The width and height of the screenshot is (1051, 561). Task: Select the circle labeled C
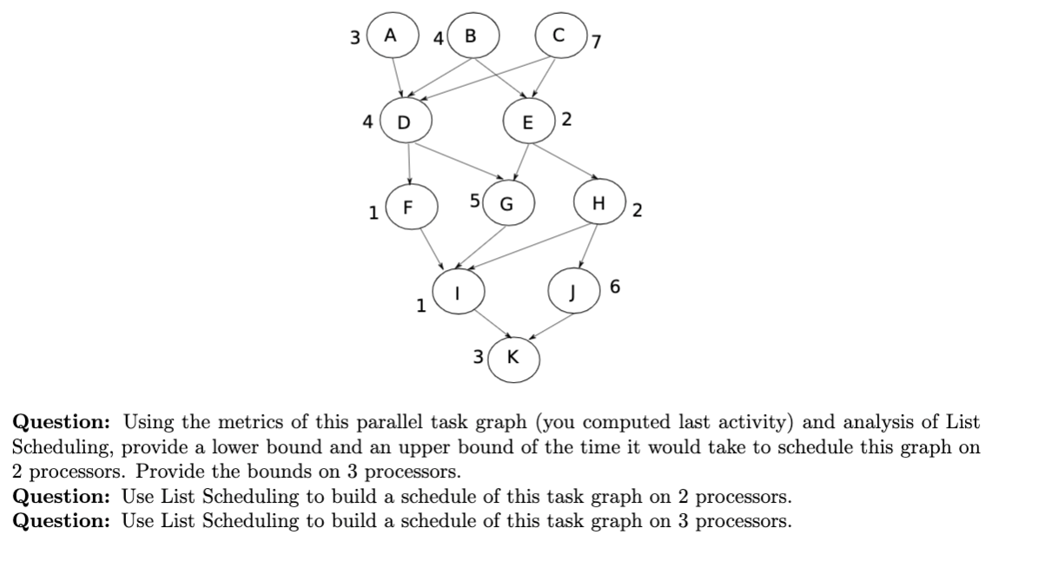pyautogui.click(x=559, y=36)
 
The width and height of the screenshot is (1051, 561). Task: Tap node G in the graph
pyautogui.click(x=506, y=205)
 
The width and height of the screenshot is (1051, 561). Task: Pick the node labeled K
pyautogui.click(x=513, y=357)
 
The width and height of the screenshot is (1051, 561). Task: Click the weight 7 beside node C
pyautogui.click(x=597, y=43)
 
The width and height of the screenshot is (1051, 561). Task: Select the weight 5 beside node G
pyautogui.click(x=474, y=201)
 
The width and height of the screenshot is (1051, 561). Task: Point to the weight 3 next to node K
pyautogui.click(x=478, y=356)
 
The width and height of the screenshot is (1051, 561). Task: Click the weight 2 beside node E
pyautogui.click(x=566, y=120)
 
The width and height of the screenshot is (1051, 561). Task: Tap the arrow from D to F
pyautogui.click(x=408, y=165)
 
